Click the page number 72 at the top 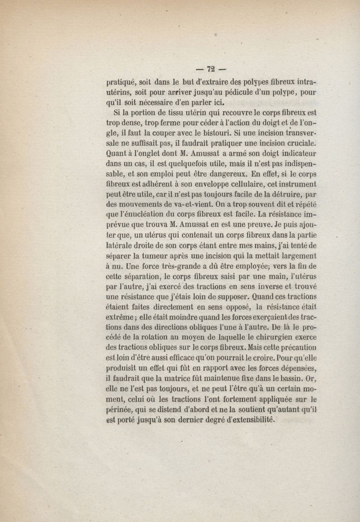click(x=211, y=69)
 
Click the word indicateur click(x=295, y=154)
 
